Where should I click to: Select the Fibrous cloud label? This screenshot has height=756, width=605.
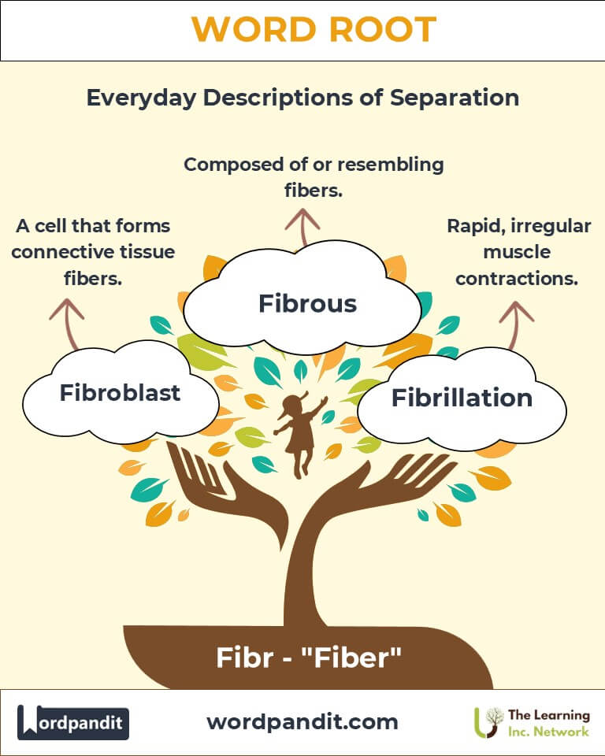307,303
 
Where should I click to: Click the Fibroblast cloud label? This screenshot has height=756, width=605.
120,393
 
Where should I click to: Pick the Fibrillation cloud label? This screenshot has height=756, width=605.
462,398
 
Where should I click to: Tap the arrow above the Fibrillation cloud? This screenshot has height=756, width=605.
517,320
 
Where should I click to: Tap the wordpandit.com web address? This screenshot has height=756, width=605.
302,721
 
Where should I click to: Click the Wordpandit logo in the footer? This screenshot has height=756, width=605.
73,722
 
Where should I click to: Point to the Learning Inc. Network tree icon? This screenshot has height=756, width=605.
492,722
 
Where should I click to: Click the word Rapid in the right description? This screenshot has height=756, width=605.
474,226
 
